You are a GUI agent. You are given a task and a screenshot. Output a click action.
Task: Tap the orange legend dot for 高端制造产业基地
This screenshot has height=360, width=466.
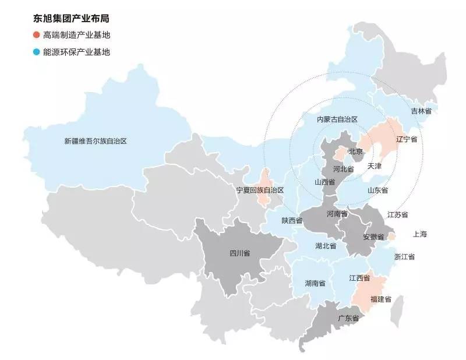(37, 36)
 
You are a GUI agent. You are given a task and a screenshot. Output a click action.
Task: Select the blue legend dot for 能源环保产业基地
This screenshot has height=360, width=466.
(37, 52)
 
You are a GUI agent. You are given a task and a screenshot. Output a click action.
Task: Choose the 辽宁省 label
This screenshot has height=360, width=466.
(407, 140)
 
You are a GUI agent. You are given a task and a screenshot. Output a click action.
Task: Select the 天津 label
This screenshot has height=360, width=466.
(375, 166)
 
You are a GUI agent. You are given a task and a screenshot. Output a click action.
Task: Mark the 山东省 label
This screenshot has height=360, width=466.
(377, 190)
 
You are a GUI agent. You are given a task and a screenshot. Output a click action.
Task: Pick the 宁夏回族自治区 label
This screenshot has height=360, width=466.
(260, 190)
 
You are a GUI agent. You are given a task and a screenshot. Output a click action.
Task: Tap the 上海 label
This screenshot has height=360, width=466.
(420, 234)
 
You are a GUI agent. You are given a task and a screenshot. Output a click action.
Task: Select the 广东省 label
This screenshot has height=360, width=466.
(348, 318)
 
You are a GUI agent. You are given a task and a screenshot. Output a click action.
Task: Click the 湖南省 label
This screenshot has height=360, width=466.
(315, 283)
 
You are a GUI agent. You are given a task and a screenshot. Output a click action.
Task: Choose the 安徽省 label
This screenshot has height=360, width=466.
(373, 237)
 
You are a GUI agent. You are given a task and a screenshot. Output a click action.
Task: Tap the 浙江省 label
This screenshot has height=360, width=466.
(404, 257)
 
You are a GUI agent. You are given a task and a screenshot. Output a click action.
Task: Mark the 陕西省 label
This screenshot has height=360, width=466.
(292, 220)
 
